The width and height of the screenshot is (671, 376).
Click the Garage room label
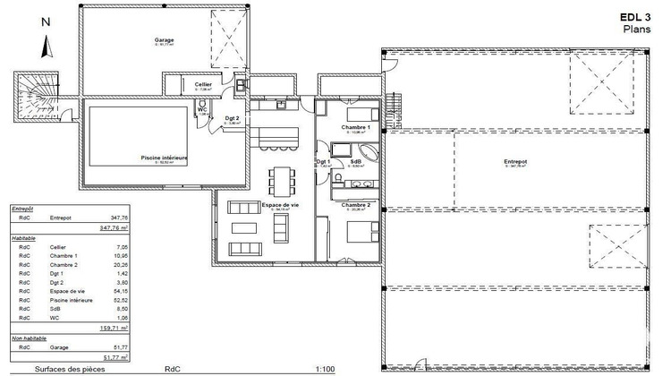click(x=164, y=40)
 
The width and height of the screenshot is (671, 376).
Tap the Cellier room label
click(x=203, y=84)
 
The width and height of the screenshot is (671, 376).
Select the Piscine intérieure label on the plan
click(x=164, y=157)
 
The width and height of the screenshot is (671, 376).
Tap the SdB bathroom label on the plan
click(x=355, y=162)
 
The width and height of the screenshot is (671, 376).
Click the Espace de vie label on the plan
click(x=279, y=205)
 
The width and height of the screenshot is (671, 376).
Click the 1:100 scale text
click(x=302, y=368)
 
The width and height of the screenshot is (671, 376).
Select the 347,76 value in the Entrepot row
click(x=117, y=218)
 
